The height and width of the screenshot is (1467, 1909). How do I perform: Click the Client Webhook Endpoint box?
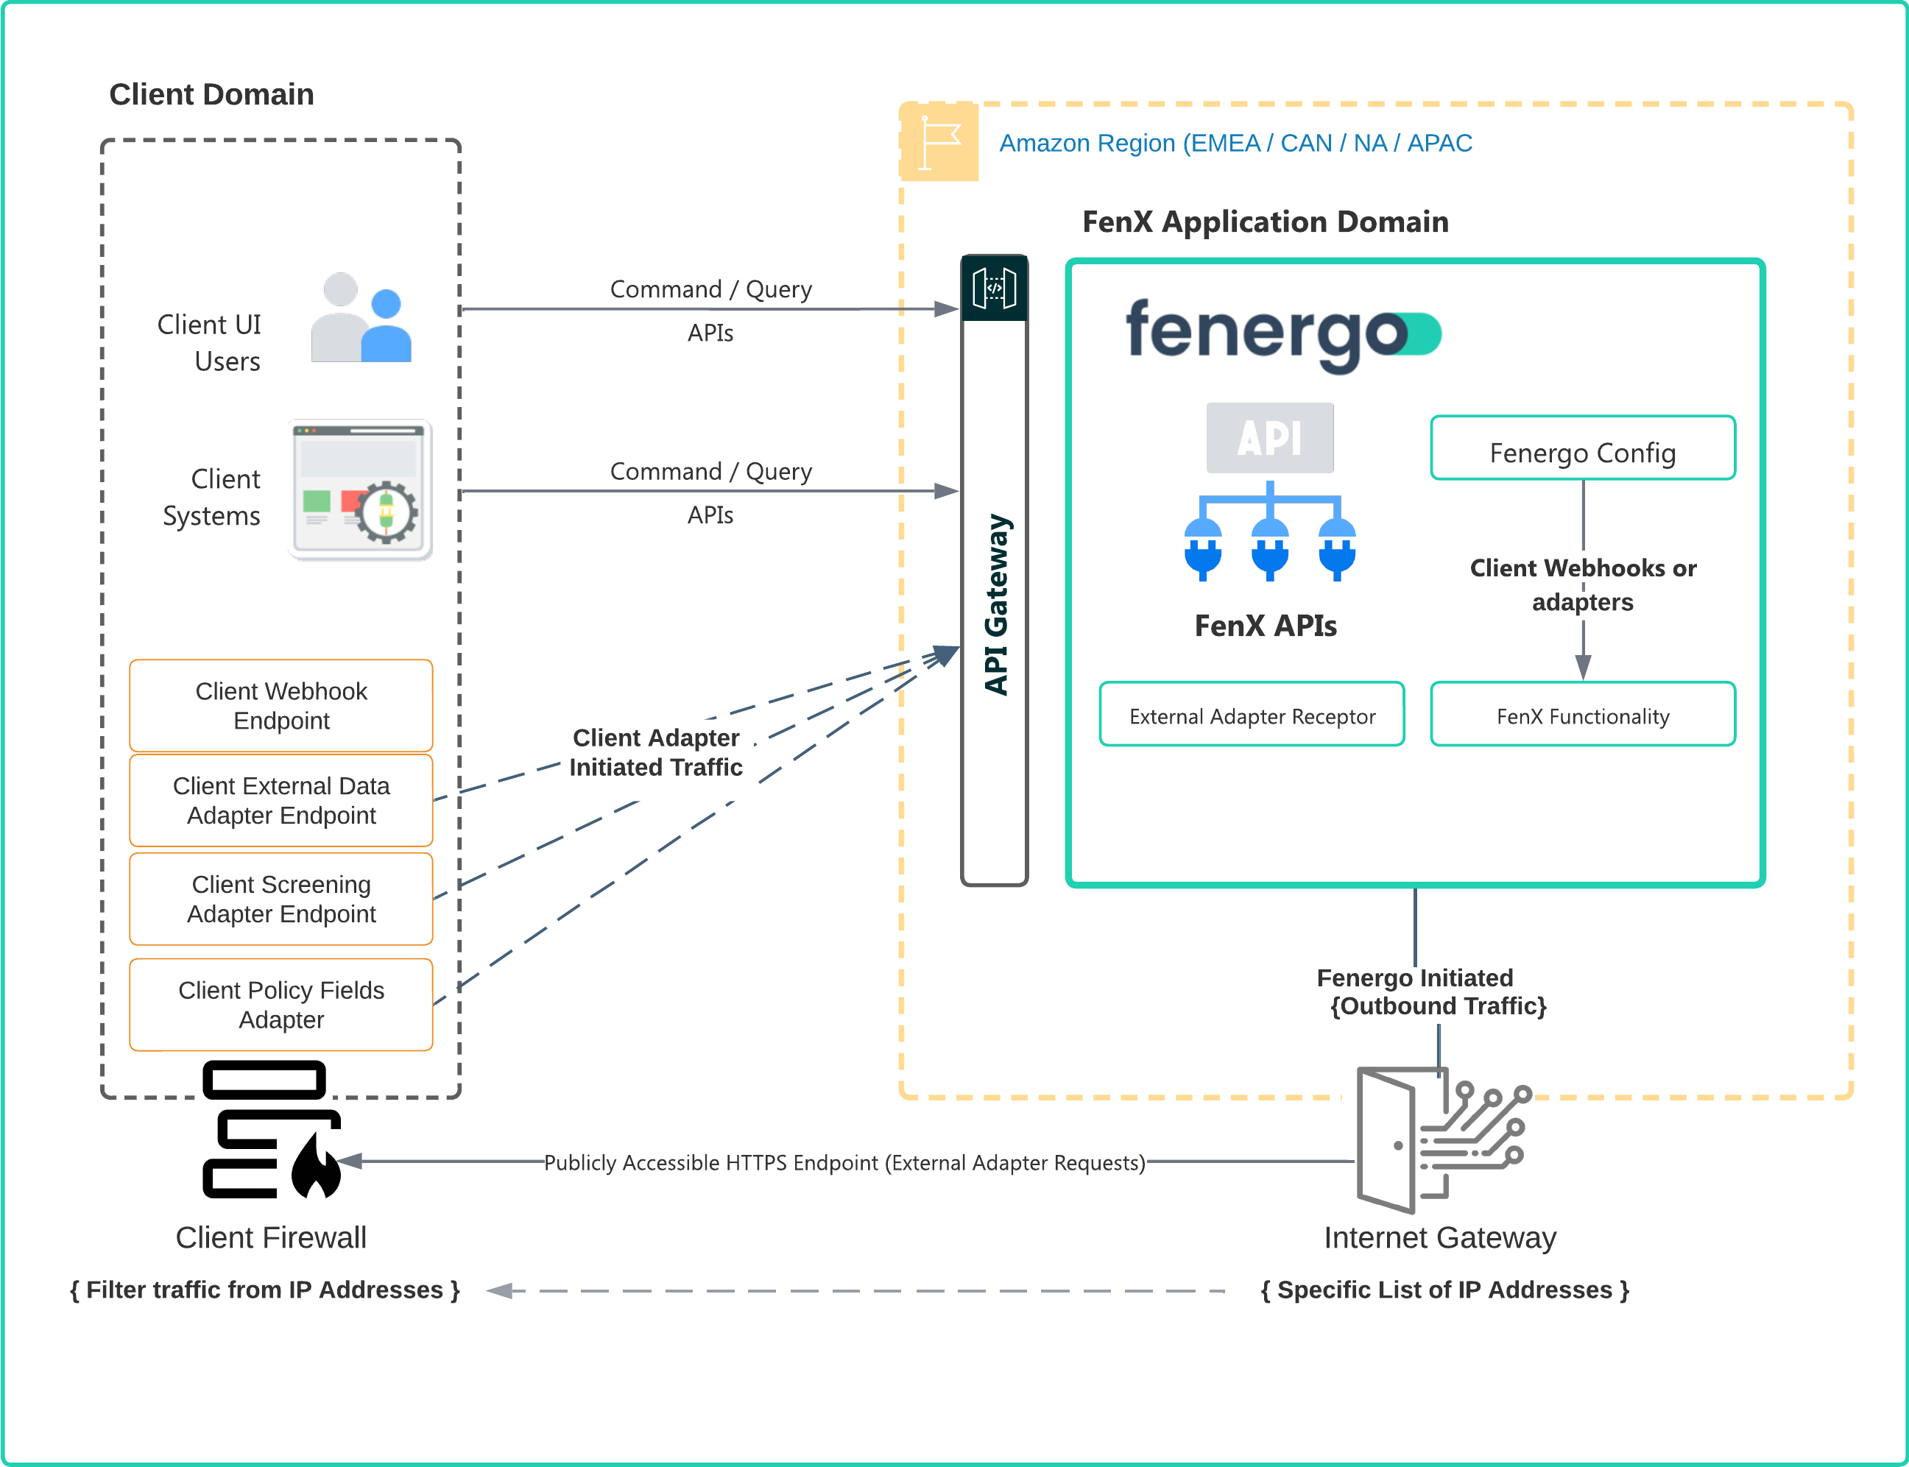tap(281, 706)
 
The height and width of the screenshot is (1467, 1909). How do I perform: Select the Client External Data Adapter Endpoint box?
tap(281, 800)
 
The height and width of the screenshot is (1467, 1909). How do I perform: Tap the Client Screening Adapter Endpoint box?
tap(281, 899)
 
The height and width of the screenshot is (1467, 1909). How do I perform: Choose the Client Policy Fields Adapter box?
tap(281, 1004)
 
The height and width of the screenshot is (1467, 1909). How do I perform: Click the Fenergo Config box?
tap(1581, 449)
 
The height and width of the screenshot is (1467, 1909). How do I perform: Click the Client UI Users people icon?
tap(361, 318)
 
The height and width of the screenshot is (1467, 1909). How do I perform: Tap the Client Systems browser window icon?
tap(361, 490)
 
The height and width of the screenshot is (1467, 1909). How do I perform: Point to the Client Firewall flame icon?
tap(316, 1166)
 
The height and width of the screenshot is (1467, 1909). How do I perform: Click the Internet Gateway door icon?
tap(1441, 1139)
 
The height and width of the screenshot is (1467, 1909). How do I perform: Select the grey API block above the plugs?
tap(1269, 437)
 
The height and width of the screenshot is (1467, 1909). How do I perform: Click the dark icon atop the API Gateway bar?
tap(994, 288)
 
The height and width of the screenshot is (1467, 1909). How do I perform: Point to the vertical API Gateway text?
tap(995, 604)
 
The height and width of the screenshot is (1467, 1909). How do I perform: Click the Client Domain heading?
tap(211, 94)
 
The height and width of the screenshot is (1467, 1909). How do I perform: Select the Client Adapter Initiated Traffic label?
tap(656, 752)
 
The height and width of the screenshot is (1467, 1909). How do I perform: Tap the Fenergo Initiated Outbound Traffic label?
tap(1430, 992)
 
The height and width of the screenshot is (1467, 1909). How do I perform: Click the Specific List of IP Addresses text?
tap(1444, 1290)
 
